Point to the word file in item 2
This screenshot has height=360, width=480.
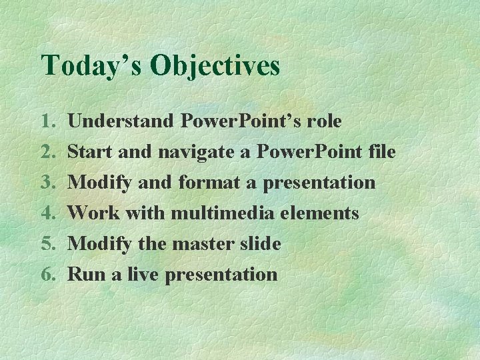tap(381, 152)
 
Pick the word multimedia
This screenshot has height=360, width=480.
tap(222, 213)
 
